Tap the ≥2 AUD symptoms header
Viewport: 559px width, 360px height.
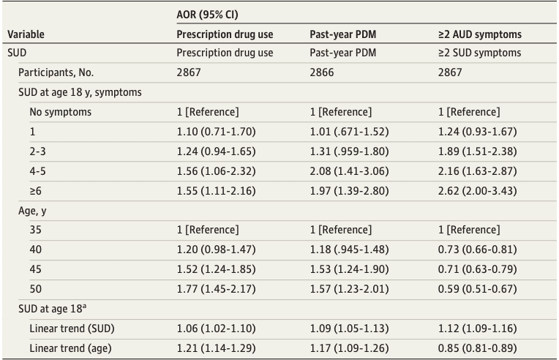click(479, 34)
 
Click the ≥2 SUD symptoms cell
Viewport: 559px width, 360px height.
click(479, 53)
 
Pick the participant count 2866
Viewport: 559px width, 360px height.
click(323, 72)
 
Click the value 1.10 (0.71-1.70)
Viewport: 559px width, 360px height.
click(217, 132)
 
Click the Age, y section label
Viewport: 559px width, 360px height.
click(35, 210)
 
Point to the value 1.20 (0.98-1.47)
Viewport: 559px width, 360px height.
click(218, 250)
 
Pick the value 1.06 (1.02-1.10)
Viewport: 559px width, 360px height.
click(218, 328)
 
